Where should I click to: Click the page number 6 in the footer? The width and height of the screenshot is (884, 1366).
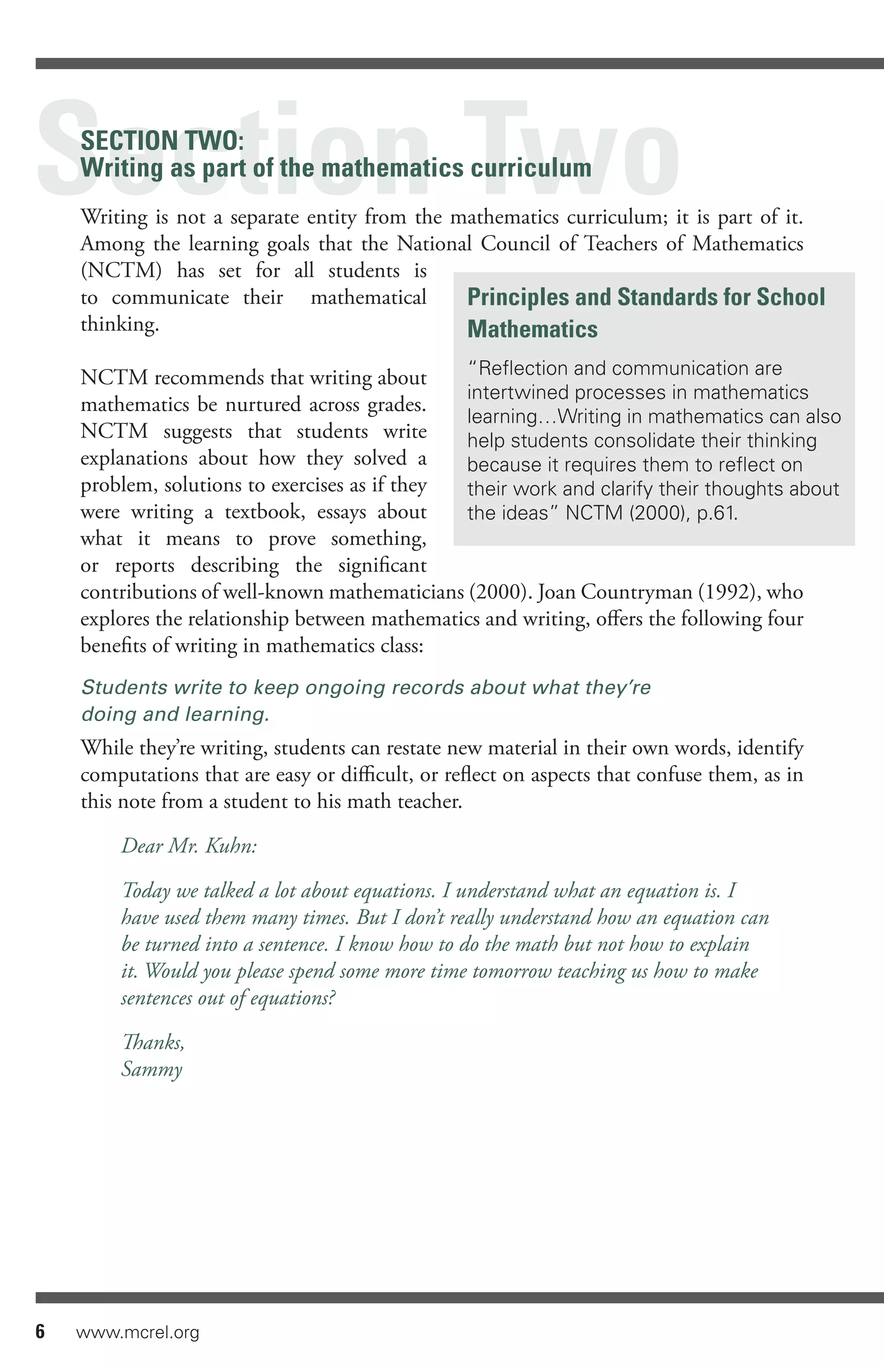pos(40,1331)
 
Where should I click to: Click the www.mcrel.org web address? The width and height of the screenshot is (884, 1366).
pos(138,1332)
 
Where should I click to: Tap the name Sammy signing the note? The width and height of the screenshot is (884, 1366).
pos(152,1069)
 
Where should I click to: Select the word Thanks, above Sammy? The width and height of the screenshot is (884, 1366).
pos(154,1042)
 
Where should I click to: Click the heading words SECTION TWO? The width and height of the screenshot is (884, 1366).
pos(162,141)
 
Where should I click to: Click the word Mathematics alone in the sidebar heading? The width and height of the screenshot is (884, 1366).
pos(532,329)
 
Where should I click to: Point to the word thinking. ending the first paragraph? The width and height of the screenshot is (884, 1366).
pos(120,324)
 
